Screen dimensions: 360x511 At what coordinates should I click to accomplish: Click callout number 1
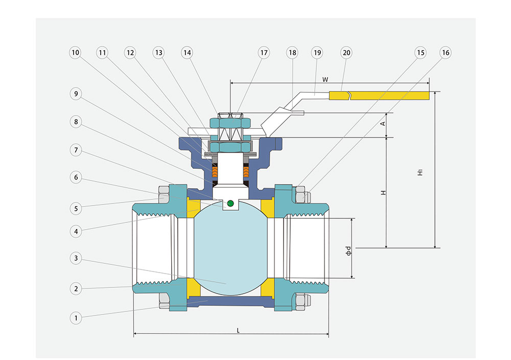(x=76, y=318)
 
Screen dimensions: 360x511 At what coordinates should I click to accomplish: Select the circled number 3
(x=76, y=258)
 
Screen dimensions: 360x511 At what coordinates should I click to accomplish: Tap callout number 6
(x=76, y=177)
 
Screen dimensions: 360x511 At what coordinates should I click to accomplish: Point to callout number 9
(x=76, y=94)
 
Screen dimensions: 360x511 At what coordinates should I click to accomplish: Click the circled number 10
(x=76, y=53)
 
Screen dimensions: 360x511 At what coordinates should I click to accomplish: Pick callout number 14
(x=188, y=53)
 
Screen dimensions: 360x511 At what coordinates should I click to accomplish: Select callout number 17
(x=264, y=53)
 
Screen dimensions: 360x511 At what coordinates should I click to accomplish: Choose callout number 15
(x=420, y=53)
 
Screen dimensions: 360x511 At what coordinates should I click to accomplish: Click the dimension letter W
(x=325, y=79)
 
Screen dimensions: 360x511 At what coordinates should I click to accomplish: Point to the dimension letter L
(x=238, y=330)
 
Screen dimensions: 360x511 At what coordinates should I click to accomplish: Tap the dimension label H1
(x=420, y=172)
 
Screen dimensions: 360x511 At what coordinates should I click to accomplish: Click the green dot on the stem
(x=230, y=204)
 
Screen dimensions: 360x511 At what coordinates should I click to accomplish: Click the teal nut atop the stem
(x=230, y=123)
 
